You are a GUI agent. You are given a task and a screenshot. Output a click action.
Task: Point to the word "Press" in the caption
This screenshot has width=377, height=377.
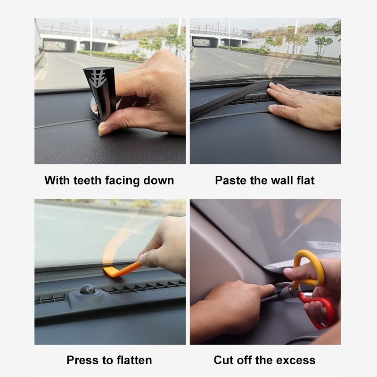[x=83, y=361]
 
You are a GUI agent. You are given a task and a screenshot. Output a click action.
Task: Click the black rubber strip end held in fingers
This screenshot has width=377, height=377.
[x=98, y=94]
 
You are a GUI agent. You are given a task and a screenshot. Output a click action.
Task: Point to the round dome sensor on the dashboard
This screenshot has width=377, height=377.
[x=87, y=289]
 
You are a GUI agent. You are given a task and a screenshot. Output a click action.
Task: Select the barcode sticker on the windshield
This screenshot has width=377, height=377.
[x=328, y=246]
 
